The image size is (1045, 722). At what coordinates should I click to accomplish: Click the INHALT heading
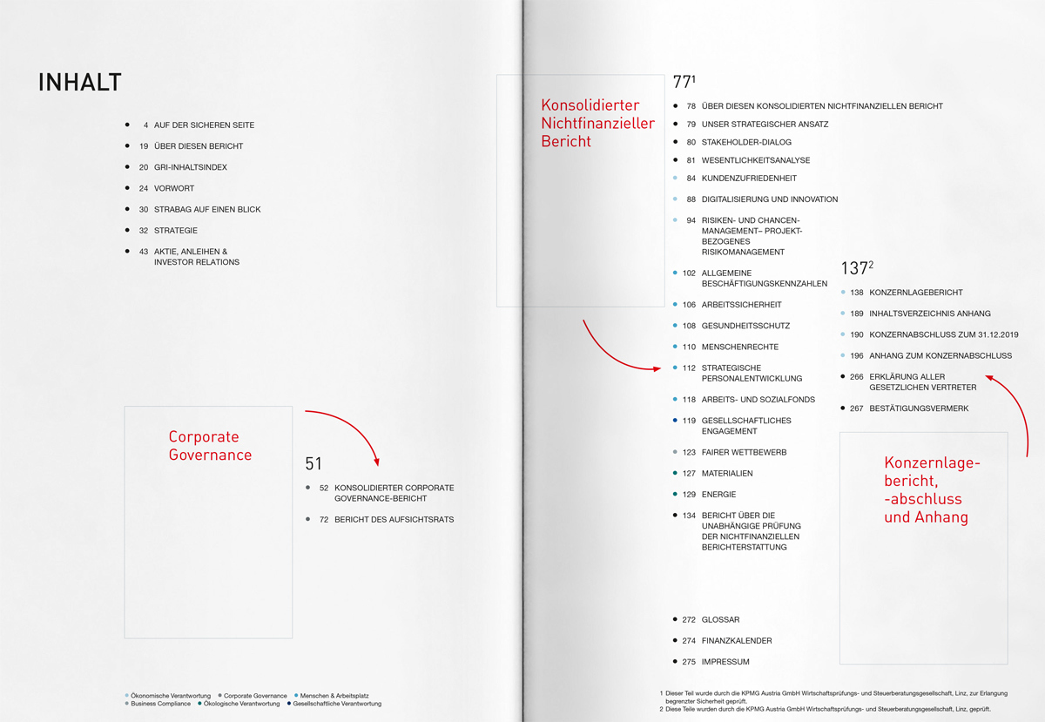click(x=79, y=83)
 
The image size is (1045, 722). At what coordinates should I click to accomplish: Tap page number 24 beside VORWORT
click(x=144, y=188)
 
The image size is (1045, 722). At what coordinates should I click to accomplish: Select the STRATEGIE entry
click(x=175, y=231)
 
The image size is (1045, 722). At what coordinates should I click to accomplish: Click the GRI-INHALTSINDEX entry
click(x=191, y=167)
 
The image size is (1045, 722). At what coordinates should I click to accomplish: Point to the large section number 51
click(x=313, y=464)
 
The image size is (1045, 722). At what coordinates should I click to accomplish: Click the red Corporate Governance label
click(x=210, y=445)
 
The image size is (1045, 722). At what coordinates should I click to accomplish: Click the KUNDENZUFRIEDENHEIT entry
click(x=749, y=179)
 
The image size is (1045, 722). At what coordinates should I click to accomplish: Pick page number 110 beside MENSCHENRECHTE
click(x=689, y=347)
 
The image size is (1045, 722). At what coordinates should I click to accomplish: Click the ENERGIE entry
click(x=719, y=495)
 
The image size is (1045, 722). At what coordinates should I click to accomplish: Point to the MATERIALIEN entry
click(x=727, y=474)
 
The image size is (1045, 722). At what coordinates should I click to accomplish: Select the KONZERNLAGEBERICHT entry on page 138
click(x=916, y=293)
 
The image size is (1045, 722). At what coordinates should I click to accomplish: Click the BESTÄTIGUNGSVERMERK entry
click(x=919, y=408)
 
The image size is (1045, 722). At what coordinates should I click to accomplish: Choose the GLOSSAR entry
click(x=720, y=620)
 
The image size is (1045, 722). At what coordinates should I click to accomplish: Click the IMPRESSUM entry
click(x=725, y=662)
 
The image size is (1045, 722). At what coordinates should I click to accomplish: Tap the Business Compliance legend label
click(x=161, y=704)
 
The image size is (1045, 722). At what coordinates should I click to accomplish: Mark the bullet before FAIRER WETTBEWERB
click(x=675, y=452)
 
